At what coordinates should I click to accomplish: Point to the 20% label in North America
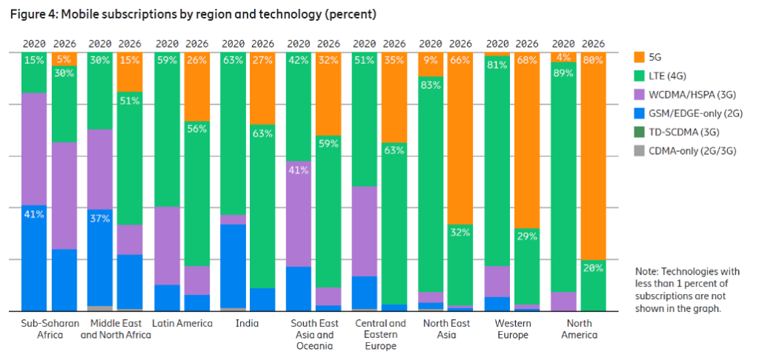[x=593, y=269]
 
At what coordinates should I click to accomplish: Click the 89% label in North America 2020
[x=563, y=73]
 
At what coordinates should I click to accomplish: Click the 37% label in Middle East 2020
[x=100, y=219]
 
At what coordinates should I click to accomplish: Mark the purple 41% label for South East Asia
[x=298, y=170]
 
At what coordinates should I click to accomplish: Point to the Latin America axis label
[x=182, y=324]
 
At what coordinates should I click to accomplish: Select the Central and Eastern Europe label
[x=380, y=334]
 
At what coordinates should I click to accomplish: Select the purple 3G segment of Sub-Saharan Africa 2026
[x=64, y=196]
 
